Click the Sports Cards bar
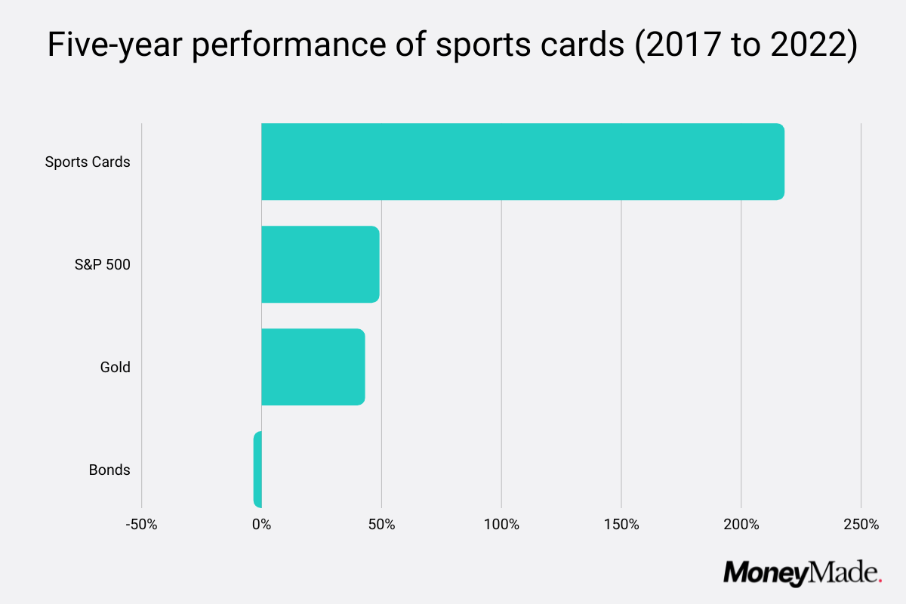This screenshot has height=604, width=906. (x=522, y=162)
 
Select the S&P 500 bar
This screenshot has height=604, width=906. (x=320, y=264)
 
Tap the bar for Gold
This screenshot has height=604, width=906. (x=313, y=367)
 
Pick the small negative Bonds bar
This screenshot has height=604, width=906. (x=257, y=470)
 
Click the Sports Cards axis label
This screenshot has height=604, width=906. (x=88, y=162)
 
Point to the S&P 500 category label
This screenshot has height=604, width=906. (x=102, y=264)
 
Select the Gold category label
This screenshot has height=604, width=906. (x=115, y=367)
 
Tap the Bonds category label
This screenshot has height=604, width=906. (x=109, y=470)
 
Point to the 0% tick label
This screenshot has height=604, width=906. (x=261, y=524)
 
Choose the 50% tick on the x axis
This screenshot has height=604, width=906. (x=381, y=524)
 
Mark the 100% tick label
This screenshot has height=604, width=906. (x=501, y=524)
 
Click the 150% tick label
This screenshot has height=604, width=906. (x=621, y=524)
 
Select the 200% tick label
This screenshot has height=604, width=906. (x=741, y=524)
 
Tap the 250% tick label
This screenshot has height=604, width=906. (x=861, y=524)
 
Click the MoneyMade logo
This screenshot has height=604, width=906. (x=802, y=573)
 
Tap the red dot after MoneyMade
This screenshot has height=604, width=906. (x=880, y=580)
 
